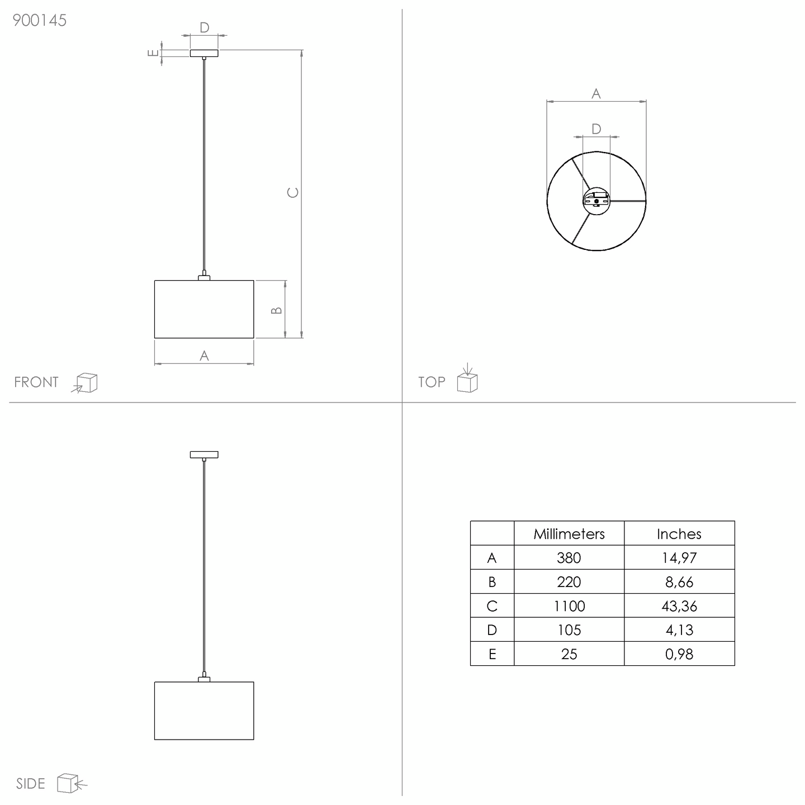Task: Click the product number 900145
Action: coord(40,20)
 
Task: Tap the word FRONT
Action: coord(36,382)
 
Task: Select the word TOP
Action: coord(432,382)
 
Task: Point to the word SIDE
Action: coord(31,784)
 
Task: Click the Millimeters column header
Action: coord(569,534)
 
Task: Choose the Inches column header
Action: coord(679,534)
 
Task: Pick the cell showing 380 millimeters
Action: coord(569,558)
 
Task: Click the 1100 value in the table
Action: coord(569,606)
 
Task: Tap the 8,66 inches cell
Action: coord(679,582)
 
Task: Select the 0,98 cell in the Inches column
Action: coord(679,654)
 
